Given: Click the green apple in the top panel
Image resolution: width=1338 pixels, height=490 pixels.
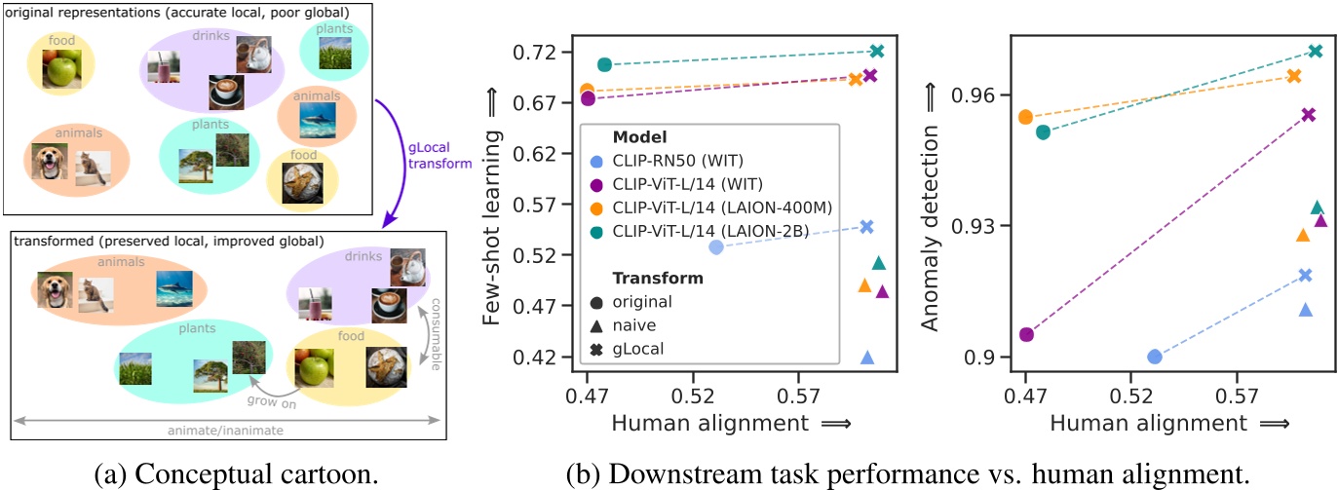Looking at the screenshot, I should [x=60, y=69].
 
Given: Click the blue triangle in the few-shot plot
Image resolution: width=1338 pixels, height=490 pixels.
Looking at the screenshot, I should [x=866, y=358].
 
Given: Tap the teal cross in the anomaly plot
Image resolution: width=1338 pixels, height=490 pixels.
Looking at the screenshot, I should [x=1316, y=51].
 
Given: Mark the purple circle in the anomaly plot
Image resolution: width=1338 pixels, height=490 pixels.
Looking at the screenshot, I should [x=1026, y=334].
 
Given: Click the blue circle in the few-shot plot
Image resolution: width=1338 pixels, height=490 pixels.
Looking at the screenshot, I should [x=715, y=247].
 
